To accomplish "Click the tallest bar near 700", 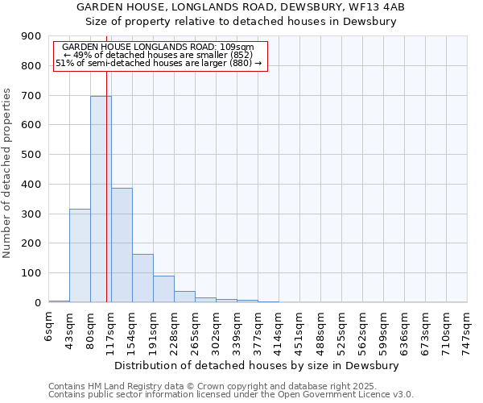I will [x=101, y=199].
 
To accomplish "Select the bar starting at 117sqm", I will [x=122, y=245].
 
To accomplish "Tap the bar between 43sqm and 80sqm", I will [x=80, y=256].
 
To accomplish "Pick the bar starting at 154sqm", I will [x=142, y=278].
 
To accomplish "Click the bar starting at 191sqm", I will [x=163, y=289].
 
